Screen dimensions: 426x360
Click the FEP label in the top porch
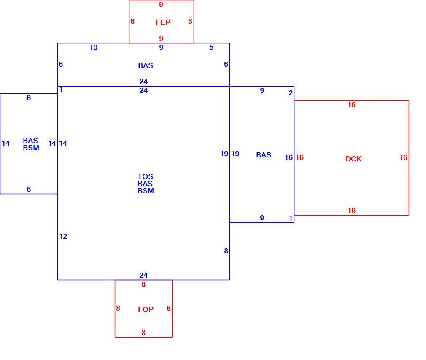[163, 22]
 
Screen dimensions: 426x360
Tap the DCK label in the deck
[353, 159]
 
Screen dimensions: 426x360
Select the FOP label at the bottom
[146, 309]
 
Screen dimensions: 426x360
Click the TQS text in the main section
[146, 176]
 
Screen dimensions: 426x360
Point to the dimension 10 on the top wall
[94, 48]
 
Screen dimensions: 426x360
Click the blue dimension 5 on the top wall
[211, 48]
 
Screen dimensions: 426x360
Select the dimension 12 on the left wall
[63, 237]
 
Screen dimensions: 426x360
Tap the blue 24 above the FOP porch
[143, 275]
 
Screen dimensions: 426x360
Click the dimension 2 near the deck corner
[291, 93]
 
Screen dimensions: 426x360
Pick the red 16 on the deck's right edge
[404, 157]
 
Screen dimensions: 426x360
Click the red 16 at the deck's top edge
[352, 105]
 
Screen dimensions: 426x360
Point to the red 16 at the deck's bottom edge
[352, 211]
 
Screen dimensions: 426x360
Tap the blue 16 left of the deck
[289, 157]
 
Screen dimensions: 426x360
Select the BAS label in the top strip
[146, 65]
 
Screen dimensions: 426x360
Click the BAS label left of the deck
[264, 155]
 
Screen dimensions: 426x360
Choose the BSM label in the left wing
[31, 148]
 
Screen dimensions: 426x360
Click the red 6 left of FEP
[132, 21]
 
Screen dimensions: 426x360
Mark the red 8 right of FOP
[169, 308]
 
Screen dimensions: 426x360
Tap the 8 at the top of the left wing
[29, 97]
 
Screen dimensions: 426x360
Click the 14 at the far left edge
[6, 143]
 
